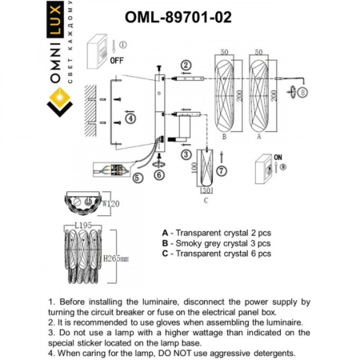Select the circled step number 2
coord(186,65)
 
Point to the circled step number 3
coord(185,154)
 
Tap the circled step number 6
coord(158,174)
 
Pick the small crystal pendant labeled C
coord(206,171)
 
